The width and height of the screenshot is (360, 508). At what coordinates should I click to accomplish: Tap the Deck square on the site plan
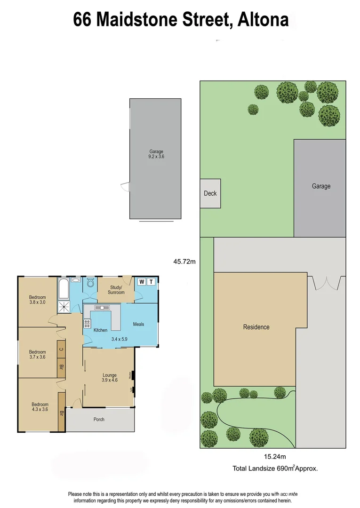pos(210,193)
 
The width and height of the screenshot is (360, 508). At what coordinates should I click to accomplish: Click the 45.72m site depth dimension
pos(184,262)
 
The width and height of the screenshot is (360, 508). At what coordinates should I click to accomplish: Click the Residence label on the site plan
pos(256,327)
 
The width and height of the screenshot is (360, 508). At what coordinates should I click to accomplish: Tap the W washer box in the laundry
pos(142,282)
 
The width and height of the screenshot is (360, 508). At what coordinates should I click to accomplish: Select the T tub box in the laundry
pos(151,282)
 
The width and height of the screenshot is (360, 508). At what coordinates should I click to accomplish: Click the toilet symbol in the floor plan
pos(90,284)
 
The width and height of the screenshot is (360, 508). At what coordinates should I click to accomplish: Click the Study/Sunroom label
pos(117,290)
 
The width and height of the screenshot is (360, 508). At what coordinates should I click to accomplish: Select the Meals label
pos(138,324)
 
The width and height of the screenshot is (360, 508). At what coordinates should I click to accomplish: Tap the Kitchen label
pos(100,330)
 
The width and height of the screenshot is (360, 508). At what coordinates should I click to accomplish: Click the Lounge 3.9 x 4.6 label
pos(110,378)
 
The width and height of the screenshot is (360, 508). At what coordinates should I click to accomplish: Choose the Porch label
pos(99,419)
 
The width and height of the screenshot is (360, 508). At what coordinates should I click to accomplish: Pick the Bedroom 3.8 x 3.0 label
pos(38,300)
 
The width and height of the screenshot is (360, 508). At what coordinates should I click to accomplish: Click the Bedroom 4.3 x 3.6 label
pos(40,407)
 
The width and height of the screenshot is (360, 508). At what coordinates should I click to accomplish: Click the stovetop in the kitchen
pos(87,323)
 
